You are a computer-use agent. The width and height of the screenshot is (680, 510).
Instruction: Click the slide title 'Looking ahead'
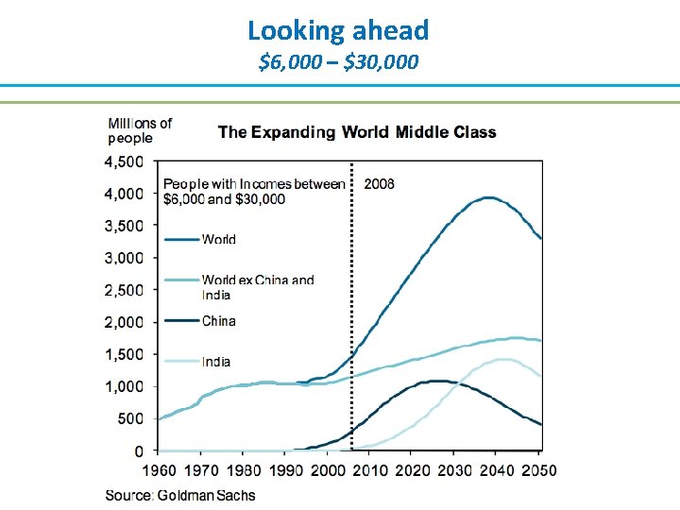pos(338,30)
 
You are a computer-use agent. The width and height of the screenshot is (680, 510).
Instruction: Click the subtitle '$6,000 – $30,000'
pos(338,63)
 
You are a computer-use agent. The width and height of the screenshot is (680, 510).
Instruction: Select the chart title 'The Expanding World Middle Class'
pos(357,132)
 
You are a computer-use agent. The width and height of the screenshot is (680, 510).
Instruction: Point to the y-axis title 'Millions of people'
pos(140,130)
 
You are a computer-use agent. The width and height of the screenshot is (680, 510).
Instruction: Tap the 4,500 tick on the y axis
pos(124,161)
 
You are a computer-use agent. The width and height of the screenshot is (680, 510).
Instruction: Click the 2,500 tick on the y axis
pos(124,290)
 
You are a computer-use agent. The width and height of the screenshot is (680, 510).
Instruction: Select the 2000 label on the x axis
pos(327,470)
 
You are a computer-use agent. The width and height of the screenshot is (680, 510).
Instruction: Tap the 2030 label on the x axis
pos(454,470)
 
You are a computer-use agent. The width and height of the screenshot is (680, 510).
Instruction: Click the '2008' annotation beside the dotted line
pos(380,183)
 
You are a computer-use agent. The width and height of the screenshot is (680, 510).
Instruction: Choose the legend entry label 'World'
pos(219,240)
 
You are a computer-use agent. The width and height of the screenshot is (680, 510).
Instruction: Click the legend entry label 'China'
pos(219,321)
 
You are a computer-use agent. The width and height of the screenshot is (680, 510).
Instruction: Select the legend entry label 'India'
pos(216,362)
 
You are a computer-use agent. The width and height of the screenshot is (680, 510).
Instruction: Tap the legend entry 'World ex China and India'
pos(257,287)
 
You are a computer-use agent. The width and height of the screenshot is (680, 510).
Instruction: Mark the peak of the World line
pos(488,197)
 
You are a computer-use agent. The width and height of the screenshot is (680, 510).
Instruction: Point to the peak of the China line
pos(435,381)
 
